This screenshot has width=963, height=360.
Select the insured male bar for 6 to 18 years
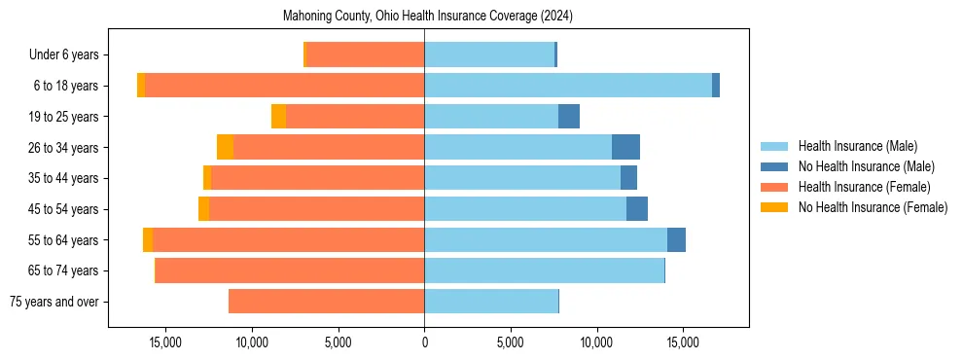coord(568,86)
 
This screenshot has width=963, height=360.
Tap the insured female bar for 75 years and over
coord(326,302)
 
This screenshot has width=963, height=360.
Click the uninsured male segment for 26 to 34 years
coord(625,147)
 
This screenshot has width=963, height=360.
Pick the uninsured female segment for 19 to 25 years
coord(278,117)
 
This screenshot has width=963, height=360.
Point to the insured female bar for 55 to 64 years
coord(288,239)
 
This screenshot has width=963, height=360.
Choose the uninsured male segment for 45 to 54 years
coord(637,209)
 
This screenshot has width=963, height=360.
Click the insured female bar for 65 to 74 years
coord(289,270)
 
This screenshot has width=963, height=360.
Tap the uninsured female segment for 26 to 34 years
coord(225,147)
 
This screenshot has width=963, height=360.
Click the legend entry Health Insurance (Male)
coord(857,146)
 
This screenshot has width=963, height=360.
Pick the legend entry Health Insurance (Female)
coord(864,187)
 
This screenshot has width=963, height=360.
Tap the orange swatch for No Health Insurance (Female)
coord(774,207)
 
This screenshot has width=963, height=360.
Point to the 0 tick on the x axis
coord(424,342)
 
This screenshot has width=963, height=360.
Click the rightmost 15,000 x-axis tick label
coord(682,342)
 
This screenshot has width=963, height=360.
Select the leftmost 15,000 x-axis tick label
coord(166,342)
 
